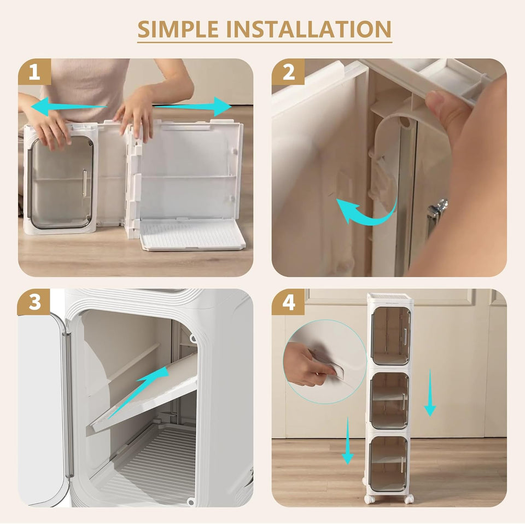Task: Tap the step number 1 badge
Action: click(34, 72)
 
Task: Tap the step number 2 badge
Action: click(288, 72)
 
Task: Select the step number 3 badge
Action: click(34, 302)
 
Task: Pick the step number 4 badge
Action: click(288, 302)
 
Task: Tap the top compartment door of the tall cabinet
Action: click(389, 335)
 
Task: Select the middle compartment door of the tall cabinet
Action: click(389, 400)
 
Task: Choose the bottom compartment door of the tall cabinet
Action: click(388, 464)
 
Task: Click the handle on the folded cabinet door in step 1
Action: click(84, 183)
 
